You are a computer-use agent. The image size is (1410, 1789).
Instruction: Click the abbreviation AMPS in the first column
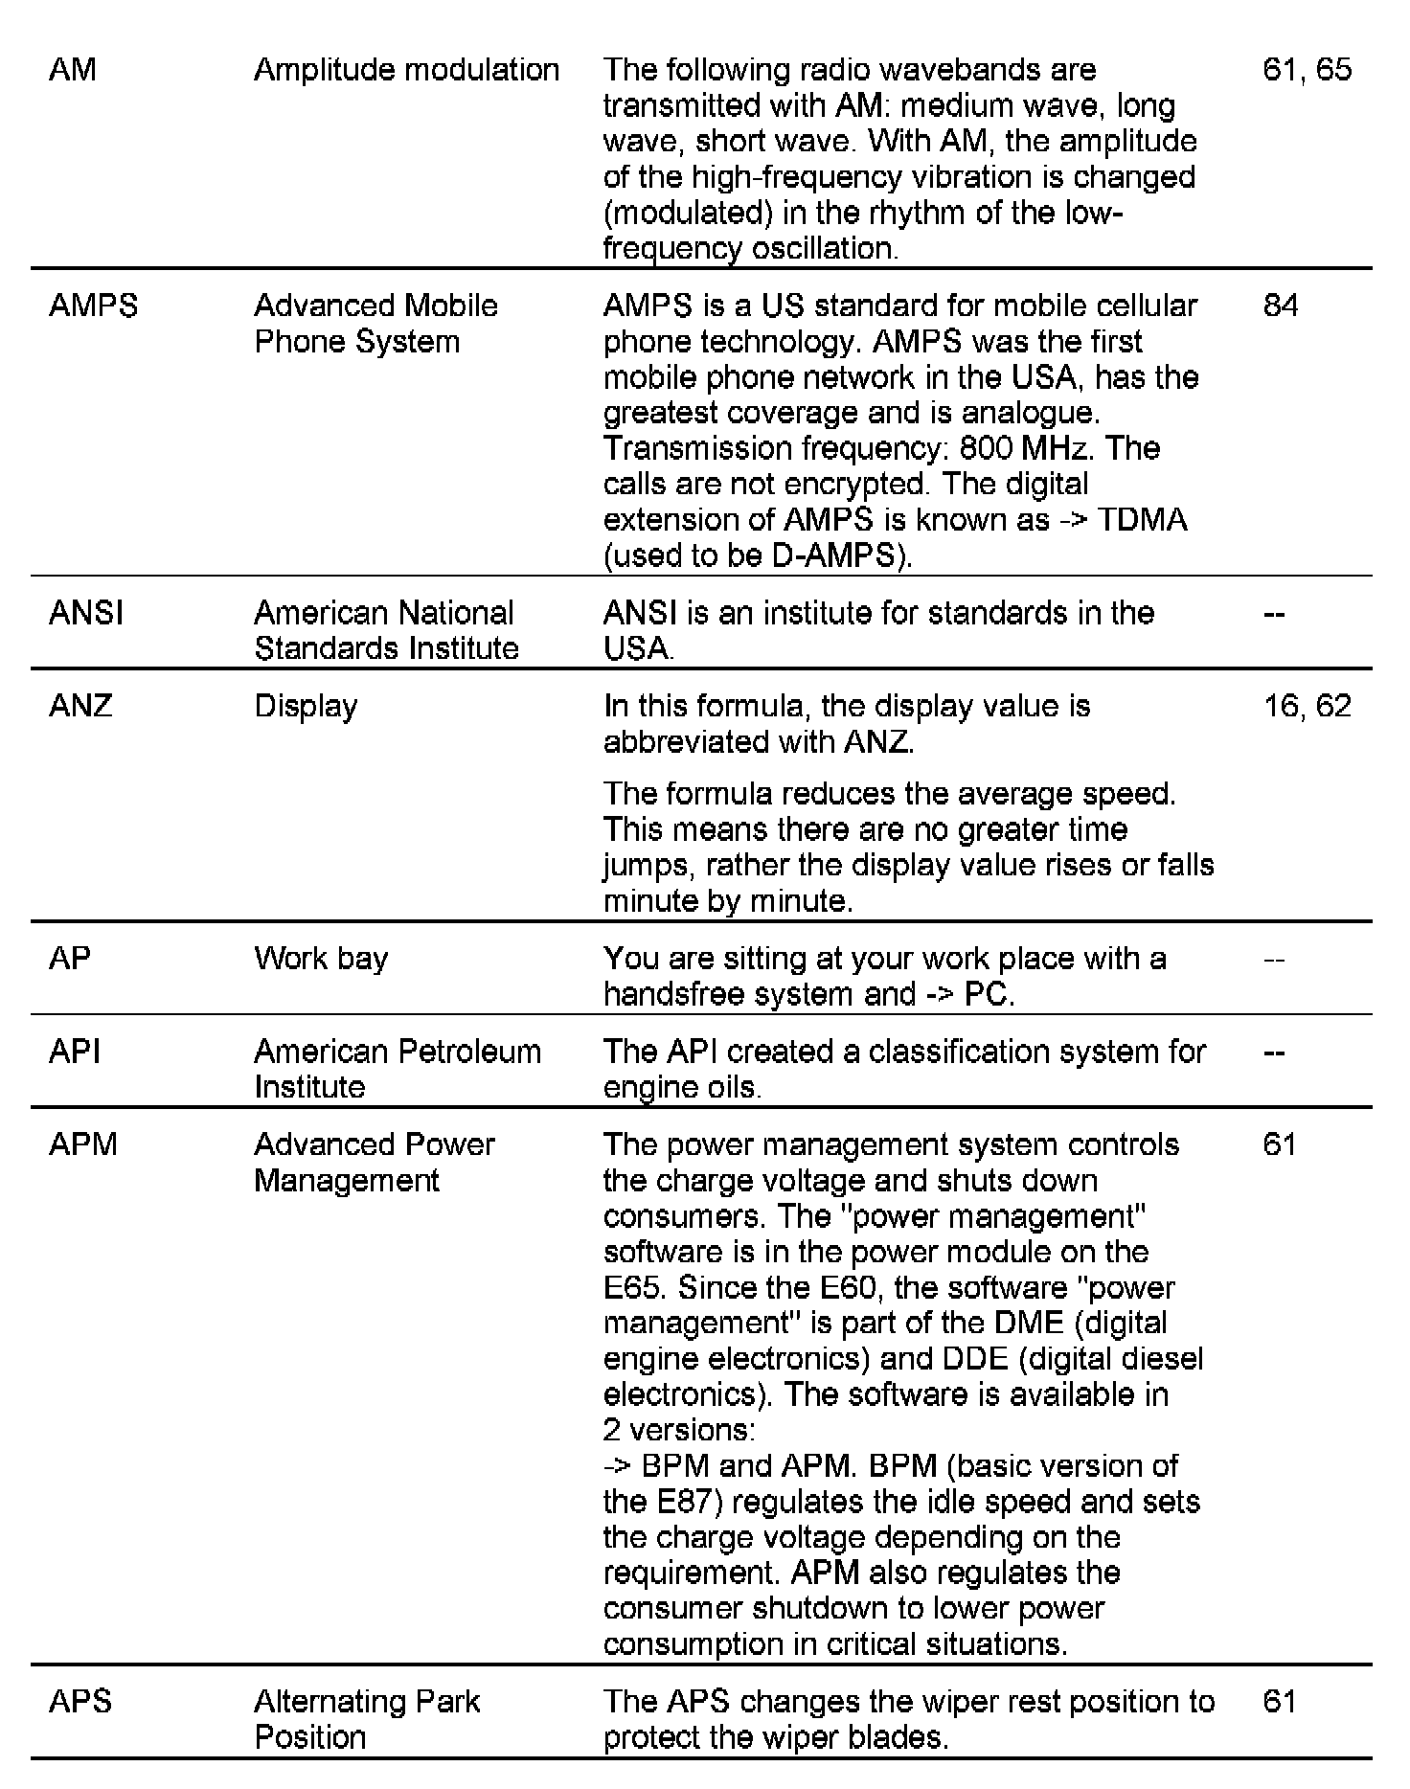point(93,306)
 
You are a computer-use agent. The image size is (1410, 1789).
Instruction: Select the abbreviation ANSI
point(86,613)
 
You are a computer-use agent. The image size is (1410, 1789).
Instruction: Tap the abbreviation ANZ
point(80,706)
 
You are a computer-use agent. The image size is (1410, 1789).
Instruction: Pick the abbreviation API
point(74,1052)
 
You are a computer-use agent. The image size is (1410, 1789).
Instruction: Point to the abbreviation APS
point(80,1702)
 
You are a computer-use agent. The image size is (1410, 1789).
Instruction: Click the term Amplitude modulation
point(406,70)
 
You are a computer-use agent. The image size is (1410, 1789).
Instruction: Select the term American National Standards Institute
point(386,630)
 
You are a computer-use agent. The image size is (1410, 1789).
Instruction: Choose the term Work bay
point(321,959)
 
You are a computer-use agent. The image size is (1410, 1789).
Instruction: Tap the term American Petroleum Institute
point(397,1069)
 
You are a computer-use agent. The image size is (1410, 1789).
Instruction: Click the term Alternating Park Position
point(367,1719)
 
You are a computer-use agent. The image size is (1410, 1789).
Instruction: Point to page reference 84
point(1281,306)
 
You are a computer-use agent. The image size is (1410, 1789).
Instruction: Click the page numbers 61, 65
point(1307,70)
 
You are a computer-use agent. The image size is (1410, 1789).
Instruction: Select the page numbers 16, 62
point(1307,706)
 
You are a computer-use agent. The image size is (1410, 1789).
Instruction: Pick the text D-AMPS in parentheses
point(836,555)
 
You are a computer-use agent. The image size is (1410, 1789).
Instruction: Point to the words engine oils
point(681,1087)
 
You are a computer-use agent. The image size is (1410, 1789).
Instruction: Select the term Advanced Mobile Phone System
point(375,324)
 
